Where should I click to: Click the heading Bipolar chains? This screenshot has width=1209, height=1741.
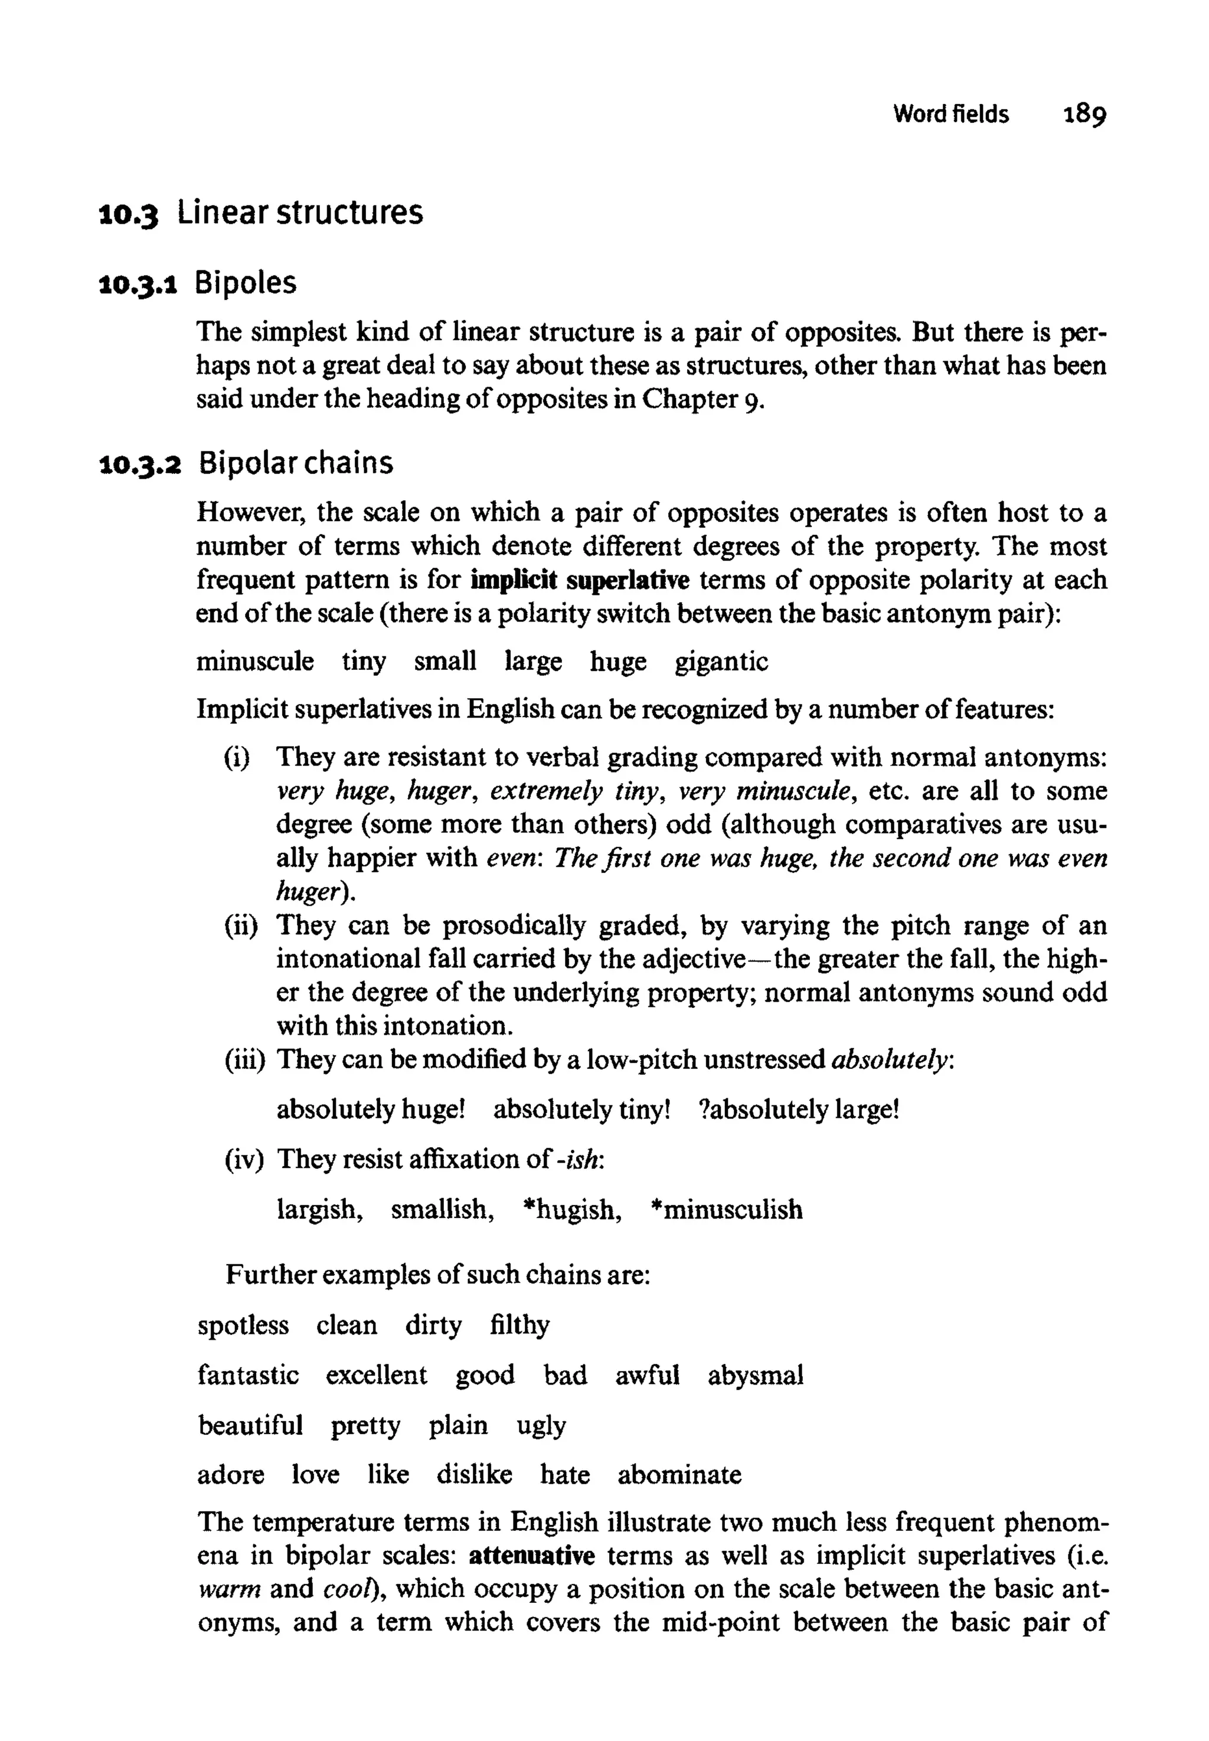pos(296,463)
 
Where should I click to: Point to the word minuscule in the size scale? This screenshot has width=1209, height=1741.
pos(254,662)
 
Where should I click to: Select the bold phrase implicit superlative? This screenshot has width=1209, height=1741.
pos(580,580)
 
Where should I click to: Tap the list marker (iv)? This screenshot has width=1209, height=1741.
pos(243,1160)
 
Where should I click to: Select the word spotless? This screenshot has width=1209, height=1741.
pos(243,1326)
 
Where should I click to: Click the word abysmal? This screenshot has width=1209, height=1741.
pos(755,1375)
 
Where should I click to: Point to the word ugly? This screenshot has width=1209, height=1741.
pos(541,1426)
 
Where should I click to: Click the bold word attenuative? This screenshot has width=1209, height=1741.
pos(532,1556)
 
